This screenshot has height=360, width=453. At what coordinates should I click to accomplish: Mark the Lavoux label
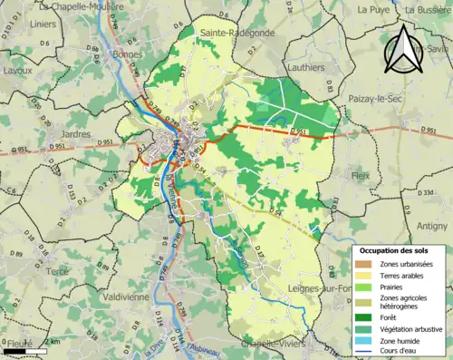click(18, 69)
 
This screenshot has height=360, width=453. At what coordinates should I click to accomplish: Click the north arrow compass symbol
click(405, 49)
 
